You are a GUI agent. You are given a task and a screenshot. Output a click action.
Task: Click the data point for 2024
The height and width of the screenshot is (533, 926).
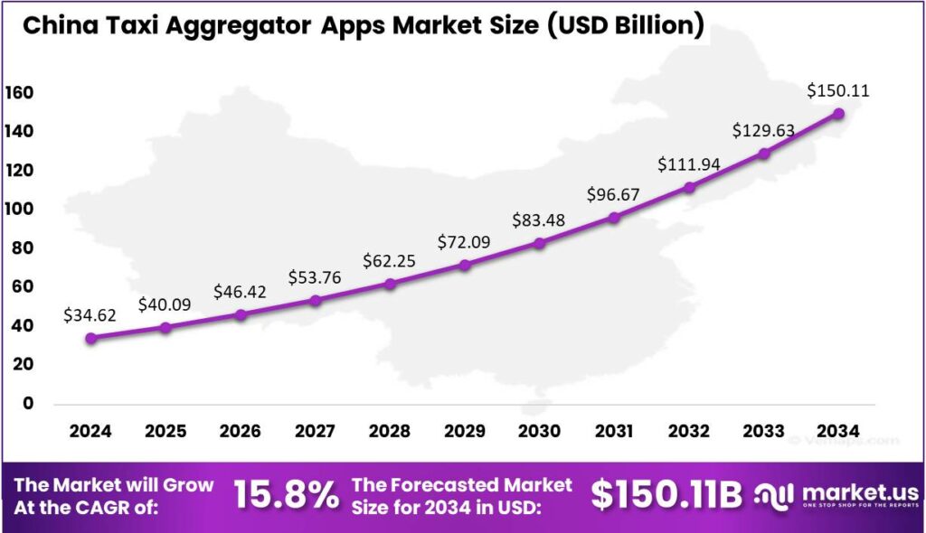tap(91, 338)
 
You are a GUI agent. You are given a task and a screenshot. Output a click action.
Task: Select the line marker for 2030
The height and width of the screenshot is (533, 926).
tap(540, 242)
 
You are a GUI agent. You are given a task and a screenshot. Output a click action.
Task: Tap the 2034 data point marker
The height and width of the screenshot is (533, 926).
tap(838, 114)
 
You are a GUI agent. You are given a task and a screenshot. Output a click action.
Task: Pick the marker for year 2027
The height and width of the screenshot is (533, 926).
tap(316, 300)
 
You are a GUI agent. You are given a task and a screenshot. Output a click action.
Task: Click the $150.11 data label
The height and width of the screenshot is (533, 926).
tap(838, 90)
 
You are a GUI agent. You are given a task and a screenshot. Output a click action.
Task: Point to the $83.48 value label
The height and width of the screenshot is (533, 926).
tap(540, 220)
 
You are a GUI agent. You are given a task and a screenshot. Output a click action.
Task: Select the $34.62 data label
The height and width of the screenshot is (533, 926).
tap(91, 315)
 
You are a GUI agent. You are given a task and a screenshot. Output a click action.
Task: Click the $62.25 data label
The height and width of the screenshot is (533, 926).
tap(390, 260)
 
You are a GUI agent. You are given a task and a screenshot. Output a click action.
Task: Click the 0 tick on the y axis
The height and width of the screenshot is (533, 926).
tap(27, 403)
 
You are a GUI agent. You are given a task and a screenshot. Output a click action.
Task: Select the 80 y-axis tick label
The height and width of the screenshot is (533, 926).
tap(23, 248)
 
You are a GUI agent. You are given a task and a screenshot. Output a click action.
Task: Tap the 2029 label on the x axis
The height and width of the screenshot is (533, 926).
tap(465, 430)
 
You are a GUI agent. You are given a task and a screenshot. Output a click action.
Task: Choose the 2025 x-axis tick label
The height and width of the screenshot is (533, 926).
tap(165, 430)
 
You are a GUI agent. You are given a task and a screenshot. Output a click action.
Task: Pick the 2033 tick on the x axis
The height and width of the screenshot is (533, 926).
tap(763, 430)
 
